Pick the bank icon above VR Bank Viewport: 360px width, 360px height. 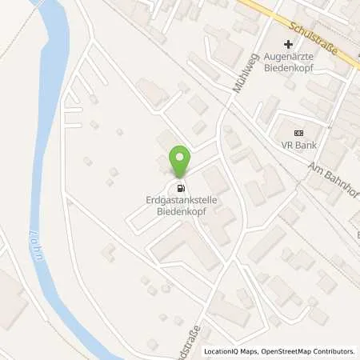[x=299, y=133]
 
